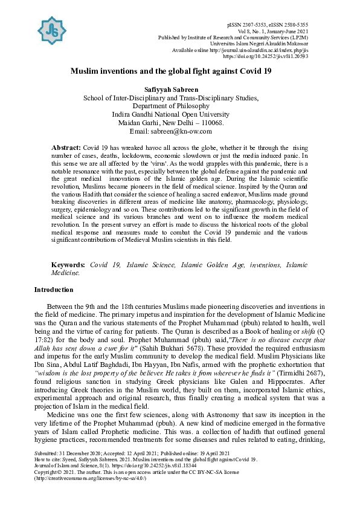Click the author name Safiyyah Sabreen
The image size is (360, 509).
click(x=179, y=89)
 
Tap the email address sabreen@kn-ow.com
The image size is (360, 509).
click(x=190, y=131)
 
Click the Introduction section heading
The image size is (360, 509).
click(x=54, y=290)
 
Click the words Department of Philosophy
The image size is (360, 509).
click(x=179, y=106)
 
